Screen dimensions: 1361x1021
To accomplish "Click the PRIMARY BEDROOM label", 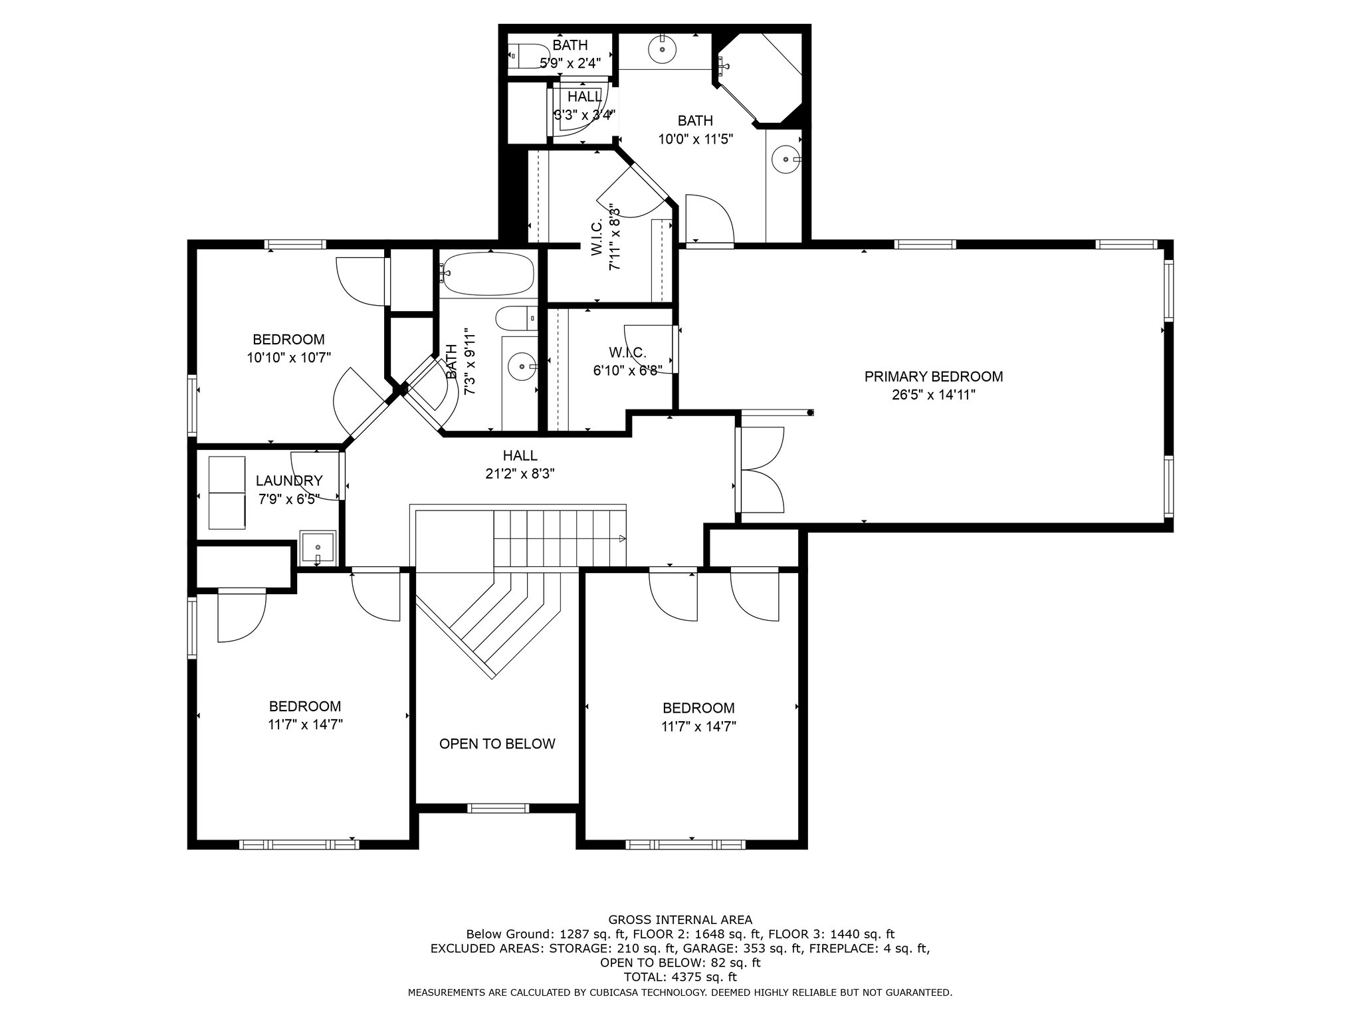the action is pyautogui.click(x=933, y=377).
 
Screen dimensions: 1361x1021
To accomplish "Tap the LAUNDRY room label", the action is pyautogui.click(x=289, y=481).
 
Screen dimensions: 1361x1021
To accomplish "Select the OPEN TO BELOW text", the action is pyautogui.click(x=497, y=744).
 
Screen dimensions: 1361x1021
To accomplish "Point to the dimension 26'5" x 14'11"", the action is pyautogui.click(x=933, y=395).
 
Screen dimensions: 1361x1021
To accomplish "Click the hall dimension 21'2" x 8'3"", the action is pyautogui.click(x=520, y=474).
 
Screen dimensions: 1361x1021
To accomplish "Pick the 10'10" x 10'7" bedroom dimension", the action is pyautogui.click(x=288, y=358).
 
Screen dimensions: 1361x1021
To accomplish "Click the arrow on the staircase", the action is pyautogui.click(x=621, y=538).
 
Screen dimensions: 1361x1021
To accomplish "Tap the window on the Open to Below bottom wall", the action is pyautogui.click(x=498, y=808).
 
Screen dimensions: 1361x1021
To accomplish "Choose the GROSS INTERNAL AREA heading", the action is pyautogui.click(x=680, y=920).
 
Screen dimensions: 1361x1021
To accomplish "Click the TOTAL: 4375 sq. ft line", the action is pyautogui.click(x=680, y=977).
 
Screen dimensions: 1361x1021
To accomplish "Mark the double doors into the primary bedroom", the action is pyautogui.click(x=760, y=470).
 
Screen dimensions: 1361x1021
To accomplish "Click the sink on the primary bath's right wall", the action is pyautogui.click(x=786, y=160).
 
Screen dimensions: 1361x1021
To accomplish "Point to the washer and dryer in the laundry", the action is pyautogui.click(x=227, y=493).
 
